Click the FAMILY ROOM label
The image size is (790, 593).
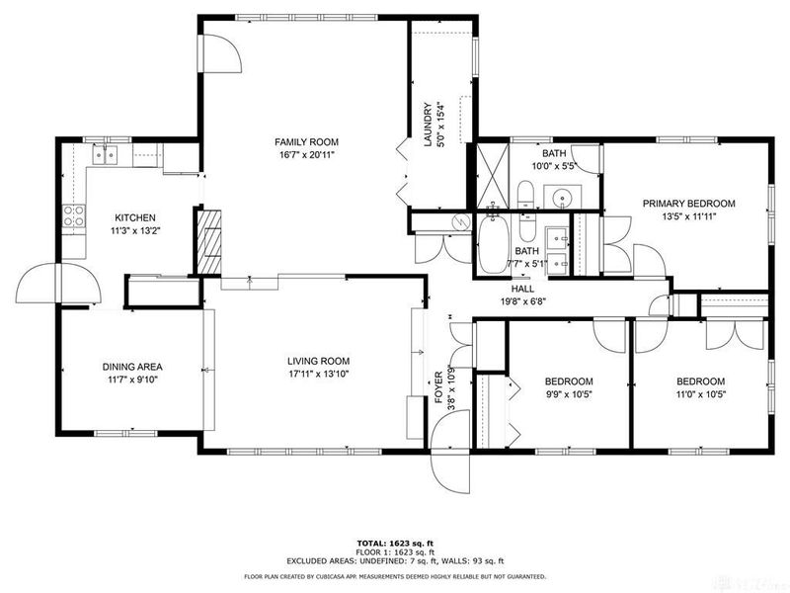pos(303,142)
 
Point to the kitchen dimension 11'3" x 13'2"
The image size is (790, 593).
pos(135,232)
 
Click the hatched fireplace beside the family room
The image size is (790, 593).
pos(209,239)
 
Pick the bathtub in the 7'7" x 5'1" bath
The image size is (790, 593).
pos(493,245)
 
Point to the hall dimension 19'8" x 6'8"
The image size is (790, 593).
pos(524,302)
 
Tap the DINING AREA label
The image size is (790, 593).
pos(132,367)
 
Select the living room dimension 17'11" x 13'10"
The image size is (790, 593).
pos(304,375)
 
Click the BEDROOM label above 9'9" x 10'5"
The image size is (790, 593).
pos(569,381)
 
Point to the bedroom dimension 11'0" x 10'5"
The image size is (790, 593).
pos(700,395)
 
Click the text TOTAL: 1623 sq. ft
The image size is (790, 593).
pos(395,544)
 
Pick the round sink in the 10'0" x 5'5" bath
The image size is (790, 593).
pos(564,195)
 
